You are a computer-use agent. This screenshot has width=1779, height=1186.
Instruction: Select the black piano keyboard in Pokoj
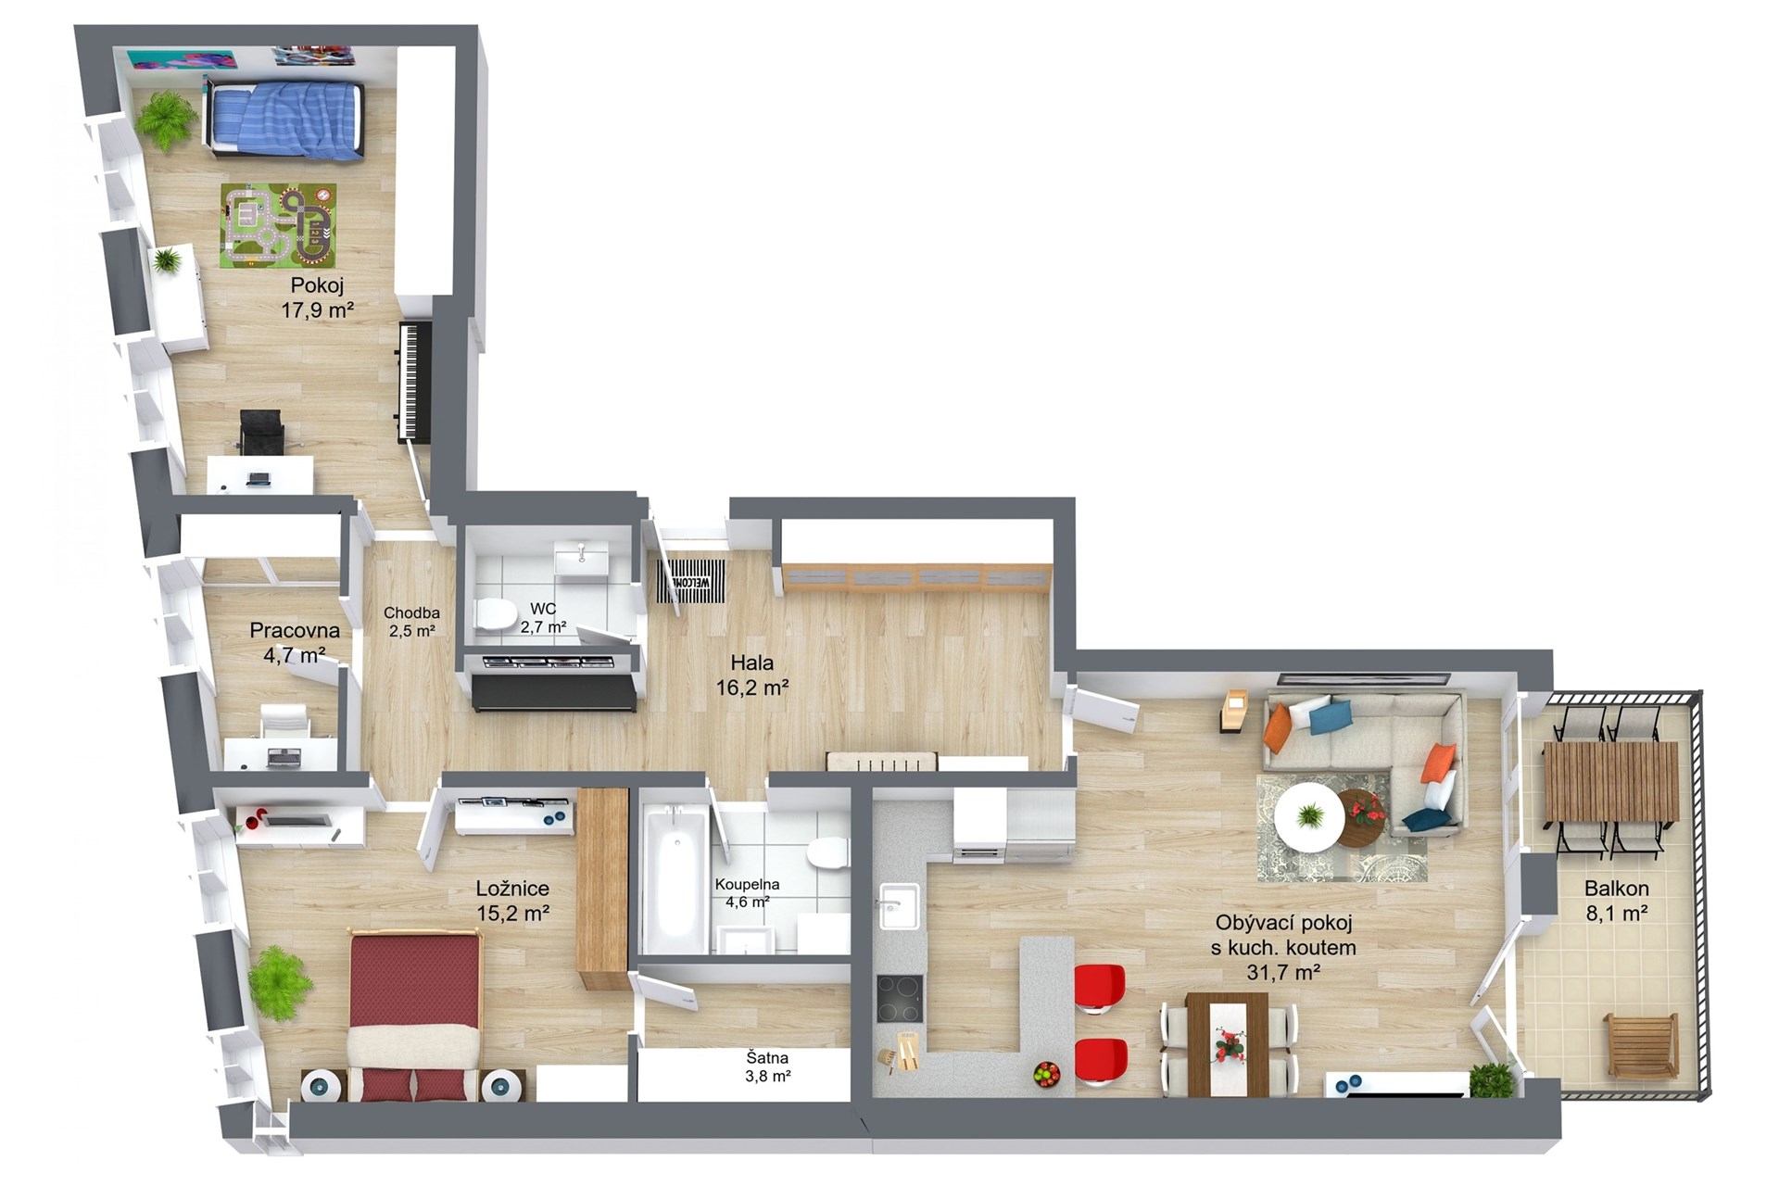[x=414, y=381]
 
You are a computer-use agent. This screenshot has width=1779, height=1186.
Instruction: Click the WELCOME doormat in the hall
[x=690, y=581]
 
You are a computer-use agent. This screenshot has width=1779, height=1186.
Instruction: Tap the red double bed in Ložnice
[x=414, y=1016]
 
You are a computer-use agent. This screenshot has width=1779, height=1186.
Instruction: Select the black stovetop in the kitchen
[x=900, y=998]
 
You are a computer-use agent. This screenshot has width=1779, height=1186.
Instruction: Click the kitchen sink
[x=898, y=906]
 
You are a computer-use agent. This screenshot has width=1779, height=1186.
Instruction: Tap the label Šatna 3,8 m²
[x=768, y=1066]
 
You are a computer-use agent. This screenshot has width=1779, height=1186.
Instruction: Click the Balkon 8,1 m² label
[x=1616, y=900]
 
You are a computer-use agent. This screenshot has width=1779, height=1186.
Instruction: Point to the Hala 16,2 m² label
[x=751, y=675]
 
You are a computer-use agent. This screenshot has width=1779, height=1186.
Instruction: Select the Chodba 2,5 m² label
[x=411, y=622]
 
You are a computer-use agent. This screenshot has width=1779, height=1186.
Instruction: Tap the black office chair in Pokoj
[x=261, y=433]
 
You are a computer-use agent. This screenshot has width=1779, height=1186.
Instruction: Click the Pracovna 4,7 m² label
[x=294, y=642]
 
